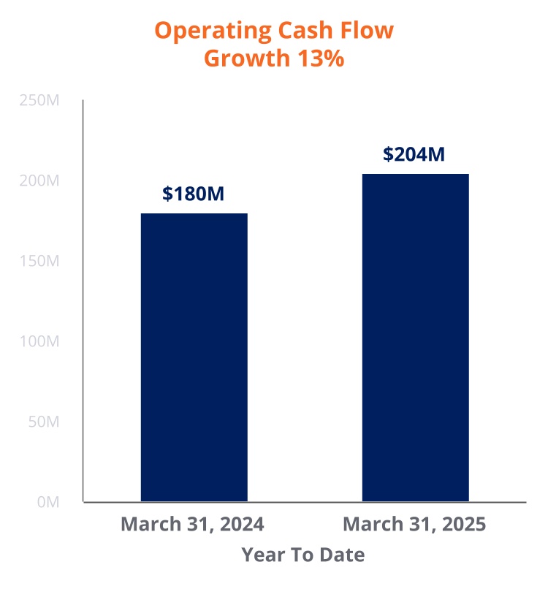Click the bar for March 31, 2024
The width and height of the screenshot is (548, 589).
(194, 357)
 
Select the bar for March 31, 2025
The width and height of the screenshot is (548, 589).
(415, 338)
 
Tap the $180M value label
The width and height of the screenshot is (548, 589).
(193, 194)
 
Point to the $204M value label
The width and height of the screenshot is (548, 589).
(414, 154)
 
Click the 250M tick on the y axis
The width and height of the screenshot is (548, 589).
(39, 101)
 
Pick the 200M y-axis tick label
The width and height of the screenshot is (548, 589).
(39, 181)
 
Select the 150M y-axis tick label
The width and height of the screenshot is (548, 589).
(39, 262)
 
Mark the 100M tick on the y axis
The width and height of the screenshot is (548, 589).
(39, 342)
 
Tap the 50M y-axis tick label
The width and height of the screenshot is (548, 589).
(43, 422)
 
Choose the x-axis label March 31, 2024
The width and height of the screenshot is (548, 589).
(192, 525)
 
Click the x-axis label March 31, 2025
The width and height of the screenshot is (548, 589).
(414, 525)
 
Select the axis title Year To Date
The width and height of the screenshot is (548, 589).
(303, 555)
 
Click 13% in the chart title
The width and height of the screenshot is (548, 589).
(320, 58)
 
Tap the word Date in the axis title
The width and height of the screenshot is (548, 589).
(342, 555)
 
